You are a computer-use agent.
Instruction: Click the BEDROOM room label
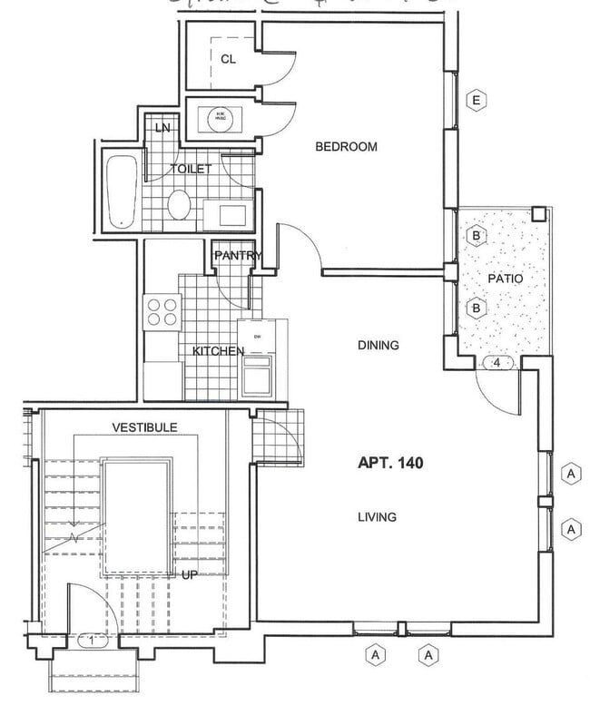click(x=346, y=147)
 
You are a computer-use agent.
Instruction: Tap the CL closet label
click(x=228, y=59)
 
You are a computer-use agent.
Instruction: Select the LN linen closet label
click(x=162, y=128)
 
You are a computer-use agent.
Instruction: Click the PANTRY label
click(x=238, y=256)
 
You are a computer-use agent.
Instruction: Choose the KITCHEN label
click(x=218, y=351)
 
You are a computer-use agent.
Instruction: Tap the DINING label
click(x=379, y=346)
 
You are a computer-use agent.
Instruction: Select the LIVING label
click(x=376, y=517)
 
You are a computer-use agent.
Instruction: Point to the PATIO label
click(x=506, y=279)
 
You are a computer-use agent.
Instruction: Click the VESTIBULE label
click(x=144, y=426)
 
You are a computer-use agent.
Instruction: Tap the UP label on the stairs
click(x=190, y=574)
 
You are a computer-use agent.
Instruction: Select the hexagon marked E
click(x=476, y=100)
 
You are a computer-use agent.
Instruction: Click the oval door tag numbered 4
click(x=497, y=363)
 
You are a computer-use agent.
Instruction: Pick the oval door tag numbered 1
click(x=93, y=640)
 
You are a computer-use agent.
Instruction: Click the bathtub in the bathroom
click(x=121, y=191)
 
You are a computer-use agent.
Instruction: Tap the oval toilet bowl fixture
click(x=179, y=205)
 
